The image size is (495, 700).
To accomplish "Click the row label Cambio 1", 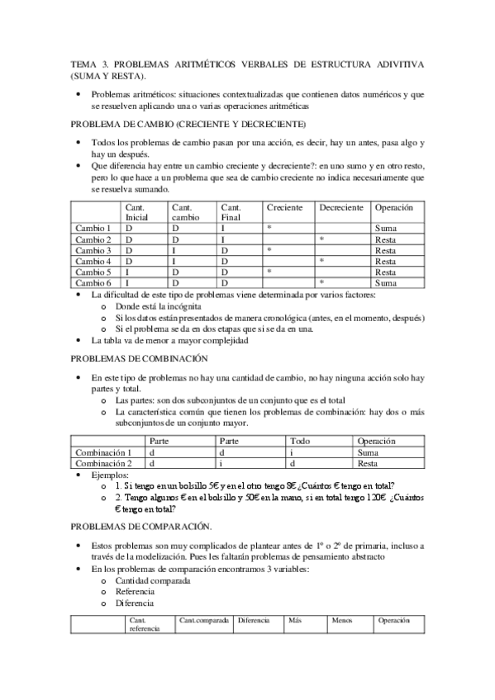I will tap(93, 227).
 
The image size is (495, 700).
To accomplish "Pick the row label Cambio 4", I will tap(93, 260).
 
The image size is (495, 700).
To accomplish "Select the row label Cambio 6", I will tap(93, 282).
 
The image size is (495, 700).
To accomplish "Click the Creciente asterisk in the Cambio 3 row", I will tap(269, 249).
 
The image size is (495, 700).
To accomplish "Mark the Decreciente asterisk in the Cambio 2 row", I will tap(321, 239).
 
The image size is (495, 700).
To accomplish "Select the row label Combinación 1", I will tap(103, 452).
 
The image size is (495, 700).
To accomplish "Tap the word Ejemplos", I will tap(111, 475).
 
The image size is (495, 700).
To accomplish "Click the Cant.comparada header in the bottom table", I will tap(202, 619).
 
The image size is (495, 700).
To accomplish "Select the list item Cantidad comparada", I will tap(153, 580).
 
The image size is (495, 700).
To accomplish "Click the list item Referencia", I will tap(136, 592).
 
